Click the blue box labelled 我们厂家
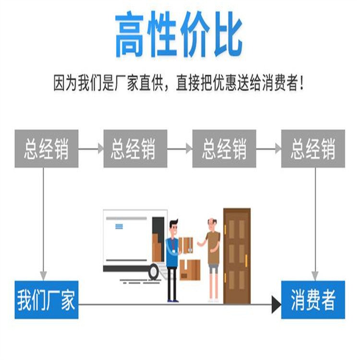coord(47,300)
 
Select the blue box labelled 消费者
coord(313,300)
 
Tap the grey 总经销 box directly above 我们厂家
coord(47,148)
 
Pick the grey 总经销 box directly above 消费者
coord(313,148)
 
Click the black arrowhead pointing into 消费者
coord(276,304)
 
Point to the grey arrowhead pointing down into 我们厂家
coord(43,276)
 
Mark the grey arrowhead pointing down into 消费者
coord(315,276)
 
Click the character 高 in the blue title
coord(129,35)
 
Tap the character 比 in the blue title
coord(228,35)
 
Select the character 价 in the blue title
coord(195,35)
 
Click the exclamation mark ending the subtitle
coord(301,83)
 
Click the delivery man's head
coord(174,227)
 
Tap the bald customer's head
coord(212,224)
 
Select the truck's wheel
coord(154,272)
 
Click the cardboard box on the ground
coord(190,270)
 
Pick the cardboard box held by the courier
coord(186,245)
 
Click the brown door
coord(237,256)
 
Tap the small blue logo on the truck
coord(119,227)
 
